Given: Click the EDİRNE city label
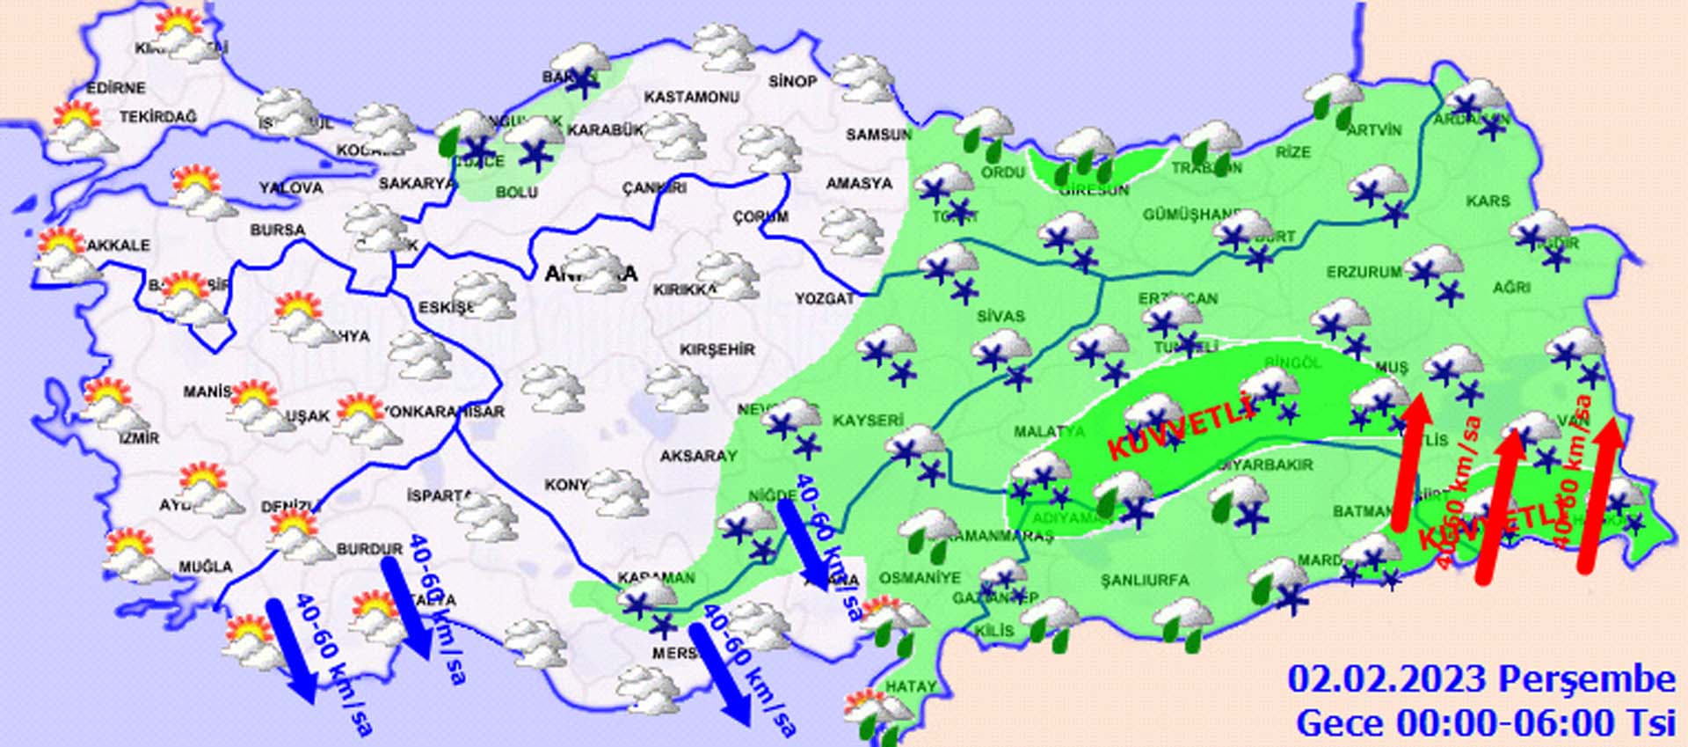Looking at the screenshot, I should pos(116,88).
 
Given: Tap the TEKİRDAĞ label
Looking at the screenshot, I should pos(158,116).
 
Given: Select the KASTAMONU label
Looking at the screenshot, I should pos(691,97).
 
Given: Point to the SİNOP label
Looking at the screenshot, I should pos(792,81).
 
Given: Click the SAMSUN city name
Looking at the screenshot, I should pos(878,135).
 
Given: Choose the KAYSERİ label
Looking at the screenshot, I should pos(868,421).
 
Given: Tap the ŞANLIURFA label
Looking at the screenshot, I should pos(1145,580).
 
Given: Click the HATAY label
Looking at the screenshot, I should pos(911,686).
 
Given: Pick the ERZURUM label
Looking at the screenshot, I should pos(1364,273).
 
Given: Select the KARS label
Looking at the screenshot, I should pos(1488,201).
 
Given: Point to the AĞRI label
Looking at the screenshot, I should pos(1511,287).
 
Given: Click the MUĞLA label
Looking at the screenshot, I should pos(206,567).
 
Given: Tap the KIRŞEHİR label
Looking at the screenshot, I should pos(717,349).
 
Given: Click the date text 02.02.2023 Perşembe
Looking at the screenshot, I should pos(1481,679).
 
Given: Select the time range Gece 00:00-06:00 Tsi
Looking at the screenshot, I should pos(1485,723).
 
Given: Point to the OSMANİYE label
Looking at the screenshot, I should pos(920,578).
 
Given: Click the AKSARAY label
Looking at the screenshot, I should pos(698,456).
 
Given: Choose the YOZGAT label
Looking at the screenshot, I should pos(825,299).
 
